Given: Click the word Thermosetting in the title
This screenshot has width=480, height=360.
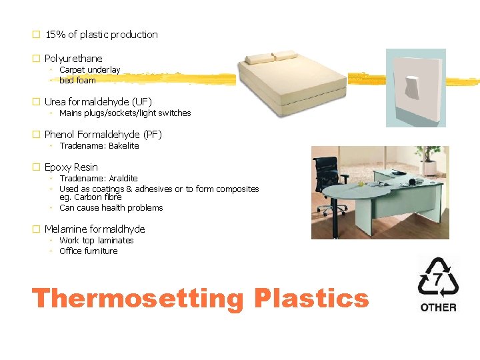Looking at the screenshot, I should (138, 299).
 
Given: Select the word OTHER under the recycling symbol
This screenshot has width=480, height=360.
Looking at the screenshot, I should (438, 307).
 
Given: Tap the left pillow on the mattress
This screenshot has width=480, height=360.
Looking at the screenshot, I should (261, 58).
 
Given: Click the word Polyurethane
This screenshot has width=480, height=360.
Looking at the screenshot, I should (73, 59).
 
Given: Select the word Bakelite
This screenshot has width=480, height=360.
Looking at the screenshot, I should (123, 146).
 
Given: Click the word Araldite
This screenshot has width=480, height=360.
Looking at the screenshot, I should (123, 179).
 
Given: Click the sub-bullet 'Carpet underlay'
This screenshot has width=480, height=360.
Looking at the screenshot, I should (89, 70).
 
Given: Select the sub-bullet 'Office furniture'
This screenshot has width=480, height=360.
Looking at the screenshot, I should (88, 251).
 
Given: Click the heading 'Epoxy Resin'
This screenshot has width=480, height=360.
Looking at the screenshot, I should (71, 167).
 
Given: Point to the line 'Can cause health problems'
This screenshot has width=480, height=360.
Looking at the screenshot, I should (111, 208).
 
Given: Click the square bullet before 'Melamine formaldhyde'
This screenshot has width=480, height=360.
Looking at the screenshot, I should (37, 229).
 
